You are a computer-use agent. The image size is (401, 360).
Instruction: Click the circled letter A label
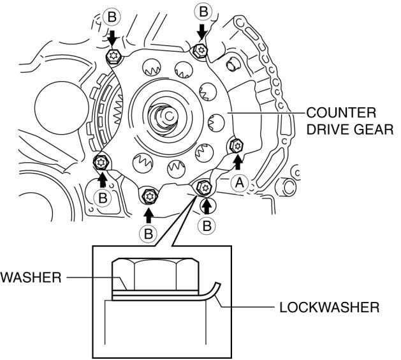tap(239, 183)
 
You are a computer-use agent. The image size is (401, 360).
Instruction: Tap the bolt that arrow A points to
tap(237, 146)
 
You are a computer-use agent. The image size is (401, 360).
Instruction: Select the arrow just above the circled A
tap(238, 162)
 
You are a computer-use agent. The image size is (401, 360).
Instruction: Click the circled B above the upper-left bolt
tap(112, 18)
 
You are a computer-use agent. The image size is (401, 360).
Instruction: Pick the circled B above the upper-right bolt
tap(203, 12)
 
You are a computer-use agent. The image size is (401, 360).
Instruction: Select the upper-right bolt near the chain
tap(200, 50)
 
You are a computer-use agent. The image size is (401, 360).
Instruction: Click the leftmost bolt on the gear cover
tap(101, 162)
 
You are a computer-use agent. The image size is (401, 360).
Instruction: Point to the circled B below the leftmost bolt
tap(103, 198)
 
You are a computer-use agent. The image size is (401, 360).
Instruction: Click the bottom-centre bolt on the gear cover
tap(149, 196)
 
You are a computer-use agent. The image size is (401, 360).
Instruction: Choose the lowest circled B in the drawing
tap(149, 234)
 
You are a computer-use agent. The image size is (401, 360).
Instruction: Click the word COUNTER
tap(341, 113)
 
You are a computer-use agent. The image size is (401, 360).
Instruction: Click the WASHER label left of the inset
tap(31, 278)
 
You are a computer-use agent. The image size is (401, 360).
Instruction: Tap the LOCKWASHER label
tap(330, 307)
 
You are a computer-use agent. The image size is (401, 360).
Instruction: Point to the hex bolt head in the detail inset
tap(156, 274)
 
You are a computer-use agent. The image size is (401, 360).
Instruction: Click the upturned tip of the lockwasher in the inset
tap(218, 284)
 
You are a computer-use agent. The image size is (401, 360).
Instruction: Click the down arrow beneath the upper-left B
tap(112, 38)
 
